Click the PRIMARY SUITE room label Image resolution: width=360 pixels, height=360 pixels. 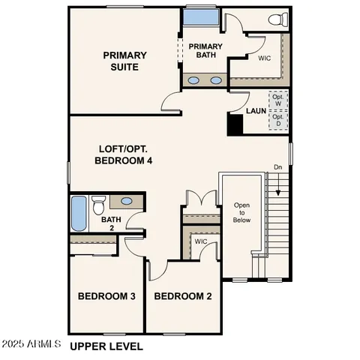[124, 61]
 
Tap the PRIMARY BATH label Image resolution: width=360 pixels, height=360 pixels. [205, 50]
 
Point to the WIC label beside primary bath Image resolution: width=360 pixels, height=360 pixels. [264, 57]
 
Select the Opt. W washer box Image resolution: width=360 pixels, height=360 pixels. [278, 100]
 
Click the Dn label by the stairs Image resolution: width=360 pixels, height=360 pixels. [277, 166]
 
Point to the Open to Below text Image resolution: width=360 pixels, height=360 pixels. [241, 212]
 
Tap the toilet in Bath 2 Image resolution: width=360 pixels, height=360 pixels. [98, 205]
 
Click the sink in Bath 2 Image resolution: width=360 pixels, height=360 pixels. [127, 201]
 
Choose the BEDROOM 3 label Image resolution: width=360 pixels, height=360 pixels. [106, 296]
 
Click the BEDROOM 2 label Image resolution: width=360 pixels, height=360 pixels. [182, 296]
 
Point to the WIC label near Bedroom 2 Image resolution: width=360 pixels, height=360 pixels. [200, 242]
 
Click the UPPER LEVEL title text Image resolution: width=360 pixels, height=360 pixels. [106, 346]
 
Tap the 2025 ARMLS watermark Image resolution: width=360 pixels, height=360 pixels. [31, 344]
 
